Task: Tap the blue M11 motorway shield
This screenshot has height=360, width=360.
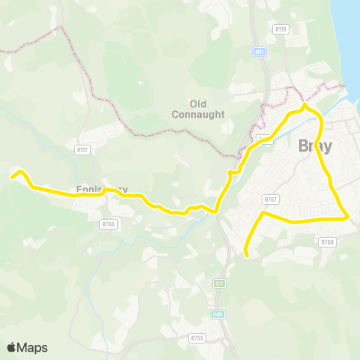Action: point(259,52)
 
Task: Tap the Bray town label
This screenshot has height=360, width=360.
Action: point(315,146)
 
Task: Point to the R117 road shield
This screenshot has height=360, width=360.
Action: point(82,150)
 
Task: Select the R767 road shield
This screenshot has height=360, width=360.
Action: point(271,199)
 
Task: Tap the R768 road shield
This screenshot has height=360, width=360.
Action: point(327,241)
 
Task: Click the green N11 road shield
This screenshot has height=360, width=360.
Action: point(219,283)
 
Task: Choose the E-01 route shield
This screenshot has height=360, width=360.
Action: point(217,313)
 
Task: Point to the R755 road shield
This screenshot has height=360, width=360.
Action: point(197,338)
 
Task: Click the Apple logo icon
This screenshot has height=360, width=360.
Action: point(12,347)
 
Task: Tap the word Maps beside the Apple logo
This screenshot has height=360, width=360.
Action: point(32,347)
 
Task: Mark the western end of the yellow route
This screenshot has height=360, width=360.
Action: point(11,177)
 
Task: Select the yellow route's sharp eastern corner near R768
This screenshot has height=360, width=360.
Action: point(349,217)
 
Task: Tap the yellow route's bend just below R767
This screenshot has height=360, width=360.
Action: point(262,214)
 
